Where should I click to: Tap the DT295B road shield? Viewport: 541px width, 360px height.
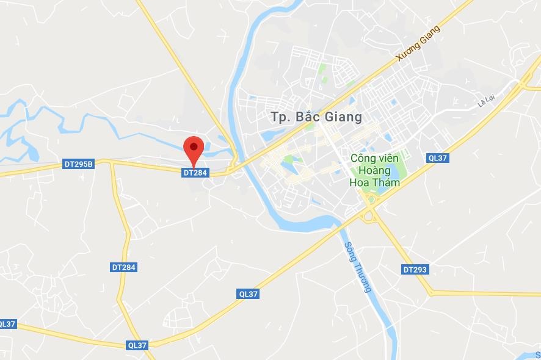[78, 164]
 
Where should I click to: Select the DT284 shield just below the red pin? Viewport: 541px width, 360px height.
[195, 173]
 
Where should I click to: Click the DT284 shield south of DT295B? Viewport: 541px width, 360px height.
[124, 267]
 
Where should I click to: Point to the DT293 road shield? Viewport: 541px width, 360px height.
[415, 269]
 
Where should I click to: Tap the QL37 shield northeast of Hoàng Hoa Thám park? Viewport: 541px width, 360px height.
[438, 158]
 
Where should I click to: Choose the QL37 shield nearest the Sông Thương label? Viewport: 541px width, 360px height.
[249, 294]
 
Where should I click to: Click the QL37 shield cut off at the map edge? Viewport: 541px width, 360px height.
[7, 324]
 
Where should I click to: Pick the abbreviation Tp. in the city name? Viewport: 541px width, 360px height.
[280, 117]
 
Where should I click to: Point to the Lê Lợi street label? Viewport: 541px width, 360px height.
[485, 103]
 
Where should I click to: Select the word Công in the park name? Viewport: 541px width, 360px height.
[363, 158]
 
